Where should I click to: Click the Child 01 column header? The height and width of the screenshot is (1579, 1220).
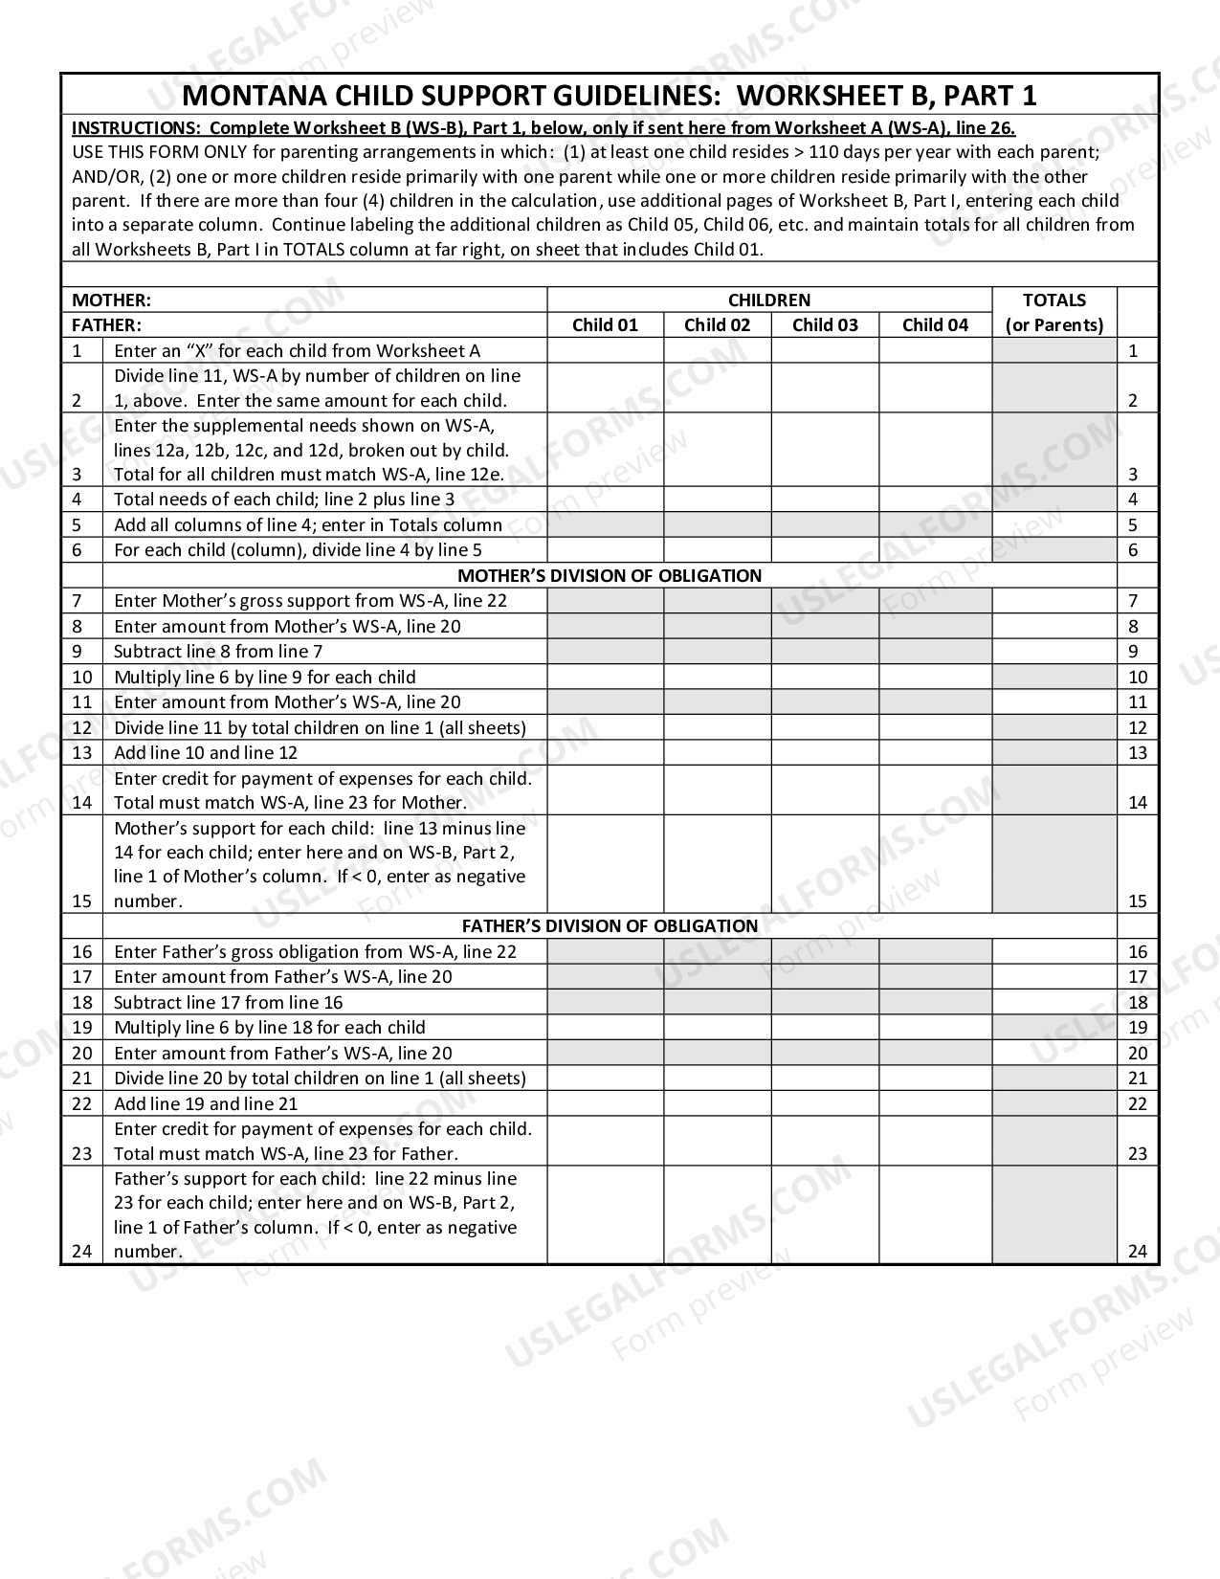pyautogui.click(x=605, y=324)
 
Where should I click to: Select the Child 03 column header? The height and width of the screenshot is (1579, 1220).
pyautogui.click(x=825, y=324)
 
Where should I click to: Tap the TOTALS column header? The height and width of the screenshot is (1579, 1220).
pyautogui.click(x=1054, y=300)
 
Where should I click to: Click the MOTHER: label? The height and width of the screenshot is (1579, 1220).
pyautogui.click(x=112, y=300)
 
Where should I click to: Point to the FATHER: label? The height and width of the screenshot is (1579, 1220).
pyautogui.click(x=106, y=324)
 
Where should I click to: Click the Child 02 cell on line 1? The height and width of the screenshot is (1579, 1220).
pyautogui.click(x=717, y=350)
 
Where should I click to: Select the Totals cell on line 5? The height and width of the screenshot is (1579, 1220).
pyautogui.click(x=1054, y=524)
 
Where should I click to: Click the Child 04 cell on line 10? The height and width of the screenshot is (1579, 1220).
pyautogui.click(x=935, y=677)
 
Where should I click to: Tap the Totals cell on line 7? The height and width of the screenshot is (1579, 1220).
pyautogui.click(x=1054, y=601)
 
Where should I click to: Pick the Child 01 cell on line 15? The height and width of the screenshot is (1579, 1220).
pyautogui.click(x=605, y=862)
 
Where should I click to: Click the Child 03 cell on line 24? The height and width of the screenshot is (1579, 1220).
pyautogui.click(x=825, y=1214)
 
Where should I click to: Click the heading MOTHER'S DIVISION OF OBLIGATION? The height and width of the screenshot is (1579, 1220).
pyautogui.click(x=610, y=575)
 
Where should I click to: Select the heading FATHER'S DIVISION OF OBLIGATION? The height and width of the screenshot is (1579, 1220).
pyautogui.click(x=610, y=926)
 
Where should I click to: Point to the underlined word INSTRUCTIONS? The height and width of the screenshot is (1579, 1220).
pyautogui.click(x=135, y=128)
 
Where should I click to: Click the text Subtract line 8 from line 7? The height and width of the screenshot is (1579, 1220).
pyautogui.click(x=218, y=652)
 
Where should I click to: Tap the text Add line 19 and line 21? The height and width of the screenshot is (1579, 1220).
pyautogui.click(x=206, y=1103)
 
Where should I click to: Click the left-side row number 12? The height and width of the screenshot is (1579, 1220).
pyautogui.click(x=81, y=727)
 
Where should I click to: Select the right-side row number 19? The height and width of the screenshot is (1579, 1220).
pyautogui.click(x=1137, y=1028)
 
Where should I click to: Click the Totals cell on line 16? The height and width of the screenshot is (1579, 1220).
pyautogui.click(x=1054, y=951)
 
